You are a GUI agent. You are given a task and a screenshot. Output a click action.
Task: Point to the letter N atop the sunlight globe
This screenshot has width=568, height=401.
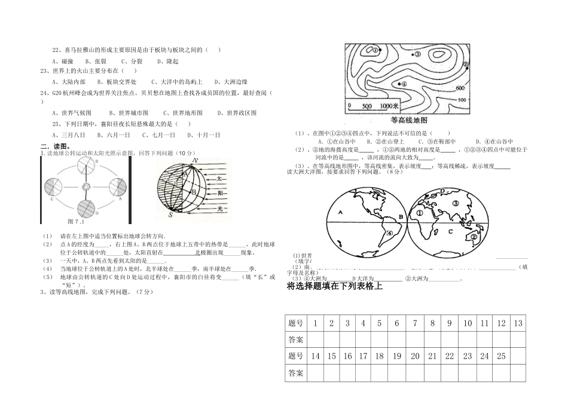[196, 160]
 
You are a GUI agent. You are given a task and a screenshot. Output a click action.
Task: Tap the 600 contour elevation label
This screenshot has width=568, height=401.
[460, 88]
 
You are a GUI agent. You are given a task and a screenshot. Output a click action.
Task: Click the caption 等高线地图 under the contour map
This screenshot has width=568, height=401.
[405, 120]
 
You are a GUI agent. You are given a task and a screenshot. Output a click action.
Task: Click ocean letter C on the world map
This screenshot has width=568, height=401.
[451, 231]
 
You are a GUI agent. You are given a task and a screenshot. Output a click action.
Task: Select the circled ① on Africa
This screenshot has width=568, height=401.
[420, 212]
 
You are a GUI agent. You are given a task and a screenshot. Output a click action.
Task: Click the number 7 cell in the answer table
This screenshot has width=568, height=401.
[414, 323]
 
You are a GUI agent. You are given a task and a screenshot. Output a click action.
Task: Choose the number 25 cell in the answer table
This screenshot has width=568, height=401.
[501, 356]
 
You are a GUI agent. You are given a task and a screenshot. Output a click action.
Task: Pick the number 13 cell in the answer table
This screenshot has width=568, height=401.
[518, 323]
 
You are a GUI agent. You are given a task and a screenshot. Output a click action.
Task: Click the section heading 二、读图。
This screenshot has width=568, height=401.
[55, 146]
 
